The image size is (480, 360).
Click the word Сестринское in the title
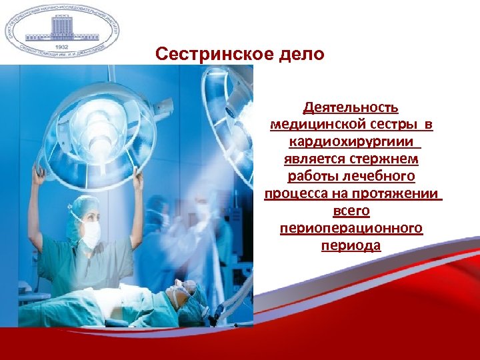[213, 53]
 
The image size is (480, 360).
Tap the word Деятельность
[351, 107]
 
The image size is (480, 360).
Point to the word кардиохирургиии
[353, 142]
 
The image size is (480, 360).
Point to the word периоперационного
[351, 229]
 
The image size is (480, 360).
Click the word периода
[351, 246]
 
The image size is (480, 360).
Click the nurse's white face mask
[90, 234]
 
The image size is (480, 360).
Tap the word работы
[312, 177]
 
